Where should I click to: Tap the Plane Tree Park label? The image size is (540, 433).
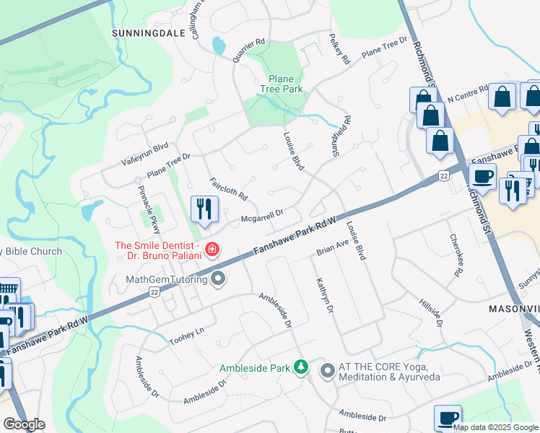coord(281,84)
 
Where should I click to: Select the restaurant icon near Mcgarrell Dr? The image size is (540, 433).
coord(204,209)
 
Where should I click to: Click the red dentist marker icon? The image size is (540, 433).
coord(212,250)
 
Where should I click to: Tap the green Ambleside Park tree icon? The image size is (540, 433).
coord(301,368)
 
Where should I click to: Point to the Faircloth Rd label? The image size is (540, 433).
coord(228,189)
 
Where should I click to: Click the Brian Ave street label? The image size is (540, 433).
coord(333,248)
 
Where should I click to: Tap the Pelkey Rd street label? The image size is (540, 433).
coord(339,48)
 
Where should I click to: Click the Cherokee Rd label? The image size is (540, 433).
coord(455,255)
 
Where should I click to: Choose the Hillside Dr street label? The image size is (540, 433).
coord(431,310)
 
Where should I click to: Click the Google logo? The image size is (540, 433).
coord(24,424)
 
